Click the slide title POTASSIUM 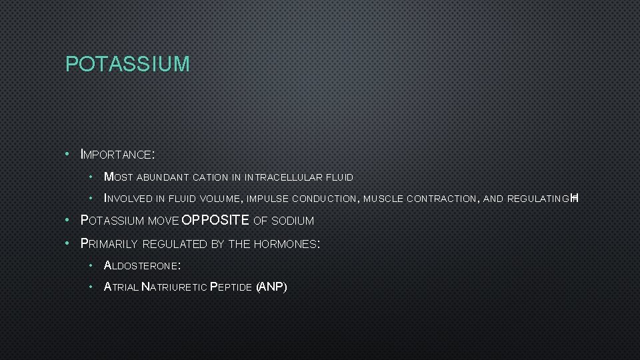pos(127,64)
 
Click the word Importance pos(117,155)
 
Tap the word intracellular pos(283,177)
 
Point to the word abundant pos(163,177)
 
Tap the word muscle pos(383,199)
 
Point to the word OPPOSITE pos(215,221)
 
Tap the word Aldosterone pos(141,265)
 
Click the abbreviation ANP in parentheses pos(272,287)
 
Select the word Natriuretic pos(174,287)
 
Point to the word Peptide pos(231,287)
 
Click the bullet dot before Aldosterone pos(91,265)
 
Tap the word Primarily pos(109,244)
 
